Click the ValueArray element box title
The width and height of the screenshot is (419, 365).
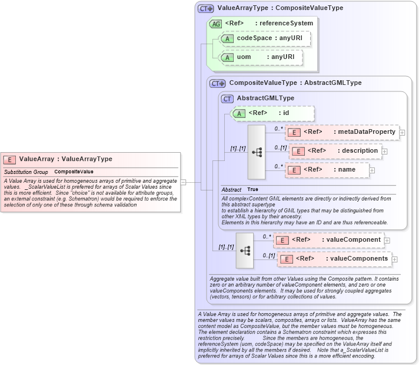click(x=65, y=159)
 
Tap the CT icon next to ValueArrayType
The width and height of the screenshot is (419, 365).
click(x=205, y=9)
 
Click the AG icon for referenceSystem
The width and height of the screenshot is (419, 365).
click(x=216, y=24)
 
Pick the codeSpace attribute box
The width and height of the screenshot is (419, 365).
click(x=264, y=38)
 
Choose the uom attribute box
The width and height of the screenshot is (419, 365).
click(x=260, y=57)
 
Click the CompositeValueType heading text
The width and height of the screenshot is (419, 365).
click(x=295, y=83)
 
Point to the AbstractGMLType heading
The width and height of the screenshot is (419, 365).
click(x=265, y=98)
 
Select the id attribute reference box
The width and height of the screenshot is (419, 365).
click(x=272, y=113)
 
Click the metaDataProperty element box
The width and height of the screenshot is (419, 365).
click(x=341, y=132)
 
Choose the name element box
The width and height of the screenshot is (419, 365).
click(x=327, y=170)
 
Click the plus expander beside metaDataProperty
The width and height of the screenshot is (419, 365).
click(x=402, y=133)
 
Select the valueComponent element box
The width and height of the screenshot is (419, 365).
click(x=329, y=240)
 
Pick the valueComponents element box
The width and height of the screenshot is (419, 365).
click(x=334, y=259)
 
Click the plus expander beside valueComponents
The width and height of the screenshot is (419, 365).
click(x=394, y=259)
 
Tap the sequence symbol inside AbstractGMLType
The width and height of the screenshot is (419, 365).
click(x=257, y=152)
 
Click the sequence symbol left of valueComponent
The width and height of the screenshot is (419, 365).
click(x=245, y=250)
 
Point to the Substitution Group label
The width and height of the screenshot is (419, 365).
click(x=26, y=172)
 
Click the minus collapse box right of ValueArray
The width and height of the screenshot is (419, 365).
click(x=183, y=182)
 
